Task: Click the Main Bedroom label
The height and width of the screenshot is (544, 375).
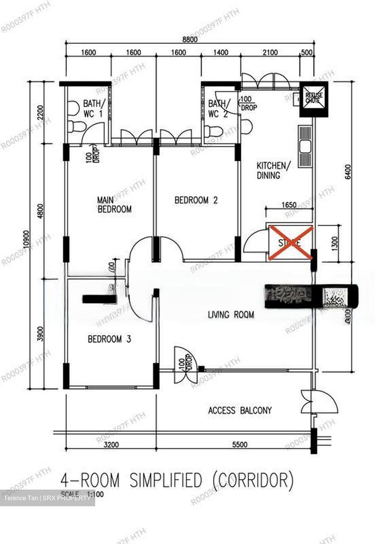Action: point(114,204)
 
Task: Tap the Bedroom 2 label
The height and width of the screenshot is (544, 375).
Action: point(196,200)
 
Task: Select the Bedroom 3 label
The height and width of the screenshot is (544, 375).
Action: point(109,339)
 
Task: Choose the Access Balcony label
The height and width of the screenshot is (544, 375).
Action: point(240,410)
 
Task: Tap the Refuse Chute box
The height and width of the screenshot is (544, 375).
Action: point(314,99)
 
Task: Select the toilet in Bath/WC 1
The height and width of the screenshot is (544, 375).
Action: point(76,126)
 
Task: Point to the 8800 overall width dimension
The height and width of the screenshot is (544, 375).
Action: point(190,39)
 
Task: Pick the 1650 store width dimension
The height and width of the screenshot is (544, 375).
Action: point(289,204)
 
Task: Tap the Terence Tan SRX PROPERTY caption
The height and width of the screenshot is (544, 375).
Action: point(47,498)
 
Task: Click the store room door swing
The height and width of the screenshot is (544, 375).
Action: point(255,241)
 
